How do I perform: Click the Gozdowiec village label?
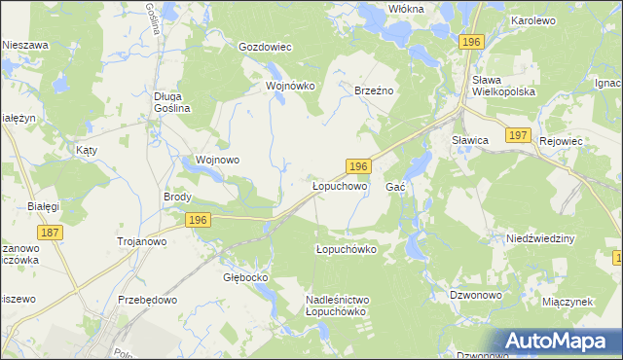pyautogui.click(x=266, y=47)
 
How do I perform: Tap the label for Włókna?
pyautogui.click(x=406, y=8)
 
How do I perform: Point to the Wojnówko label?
pyautogui.click(x=291, y=86)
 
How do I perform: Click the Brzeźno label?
pyautogui.click(x=373, y=90)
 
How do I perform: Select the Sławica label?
pyautogui.click(x=469, y=141)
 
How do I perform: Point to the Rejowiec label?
pyautogui.click(x=561, y=141)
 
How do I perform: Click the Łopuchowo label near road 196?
pyautogui.click(x=339, y=185)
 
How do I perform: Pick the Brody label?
pyautogui.click(x=177, y=197)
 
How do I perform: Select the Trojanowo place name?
pyautogui.click(x=142, y=241)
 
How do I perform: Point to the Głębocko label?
pyautogui.click(x=245, y=277)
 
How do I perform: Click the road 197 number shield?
pyautogui.click(x=517, y=135)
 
